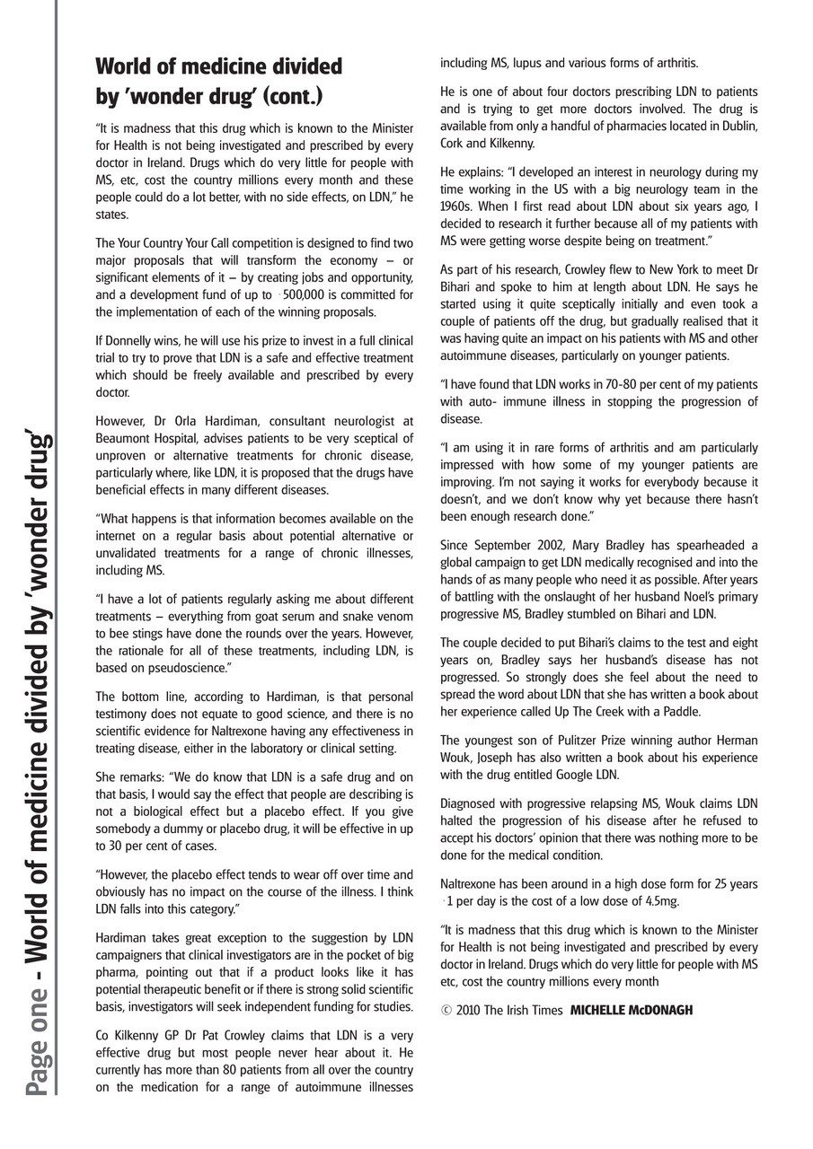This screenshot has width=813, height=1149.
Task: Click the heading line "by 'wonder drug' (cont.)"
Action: pos(209,96)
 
